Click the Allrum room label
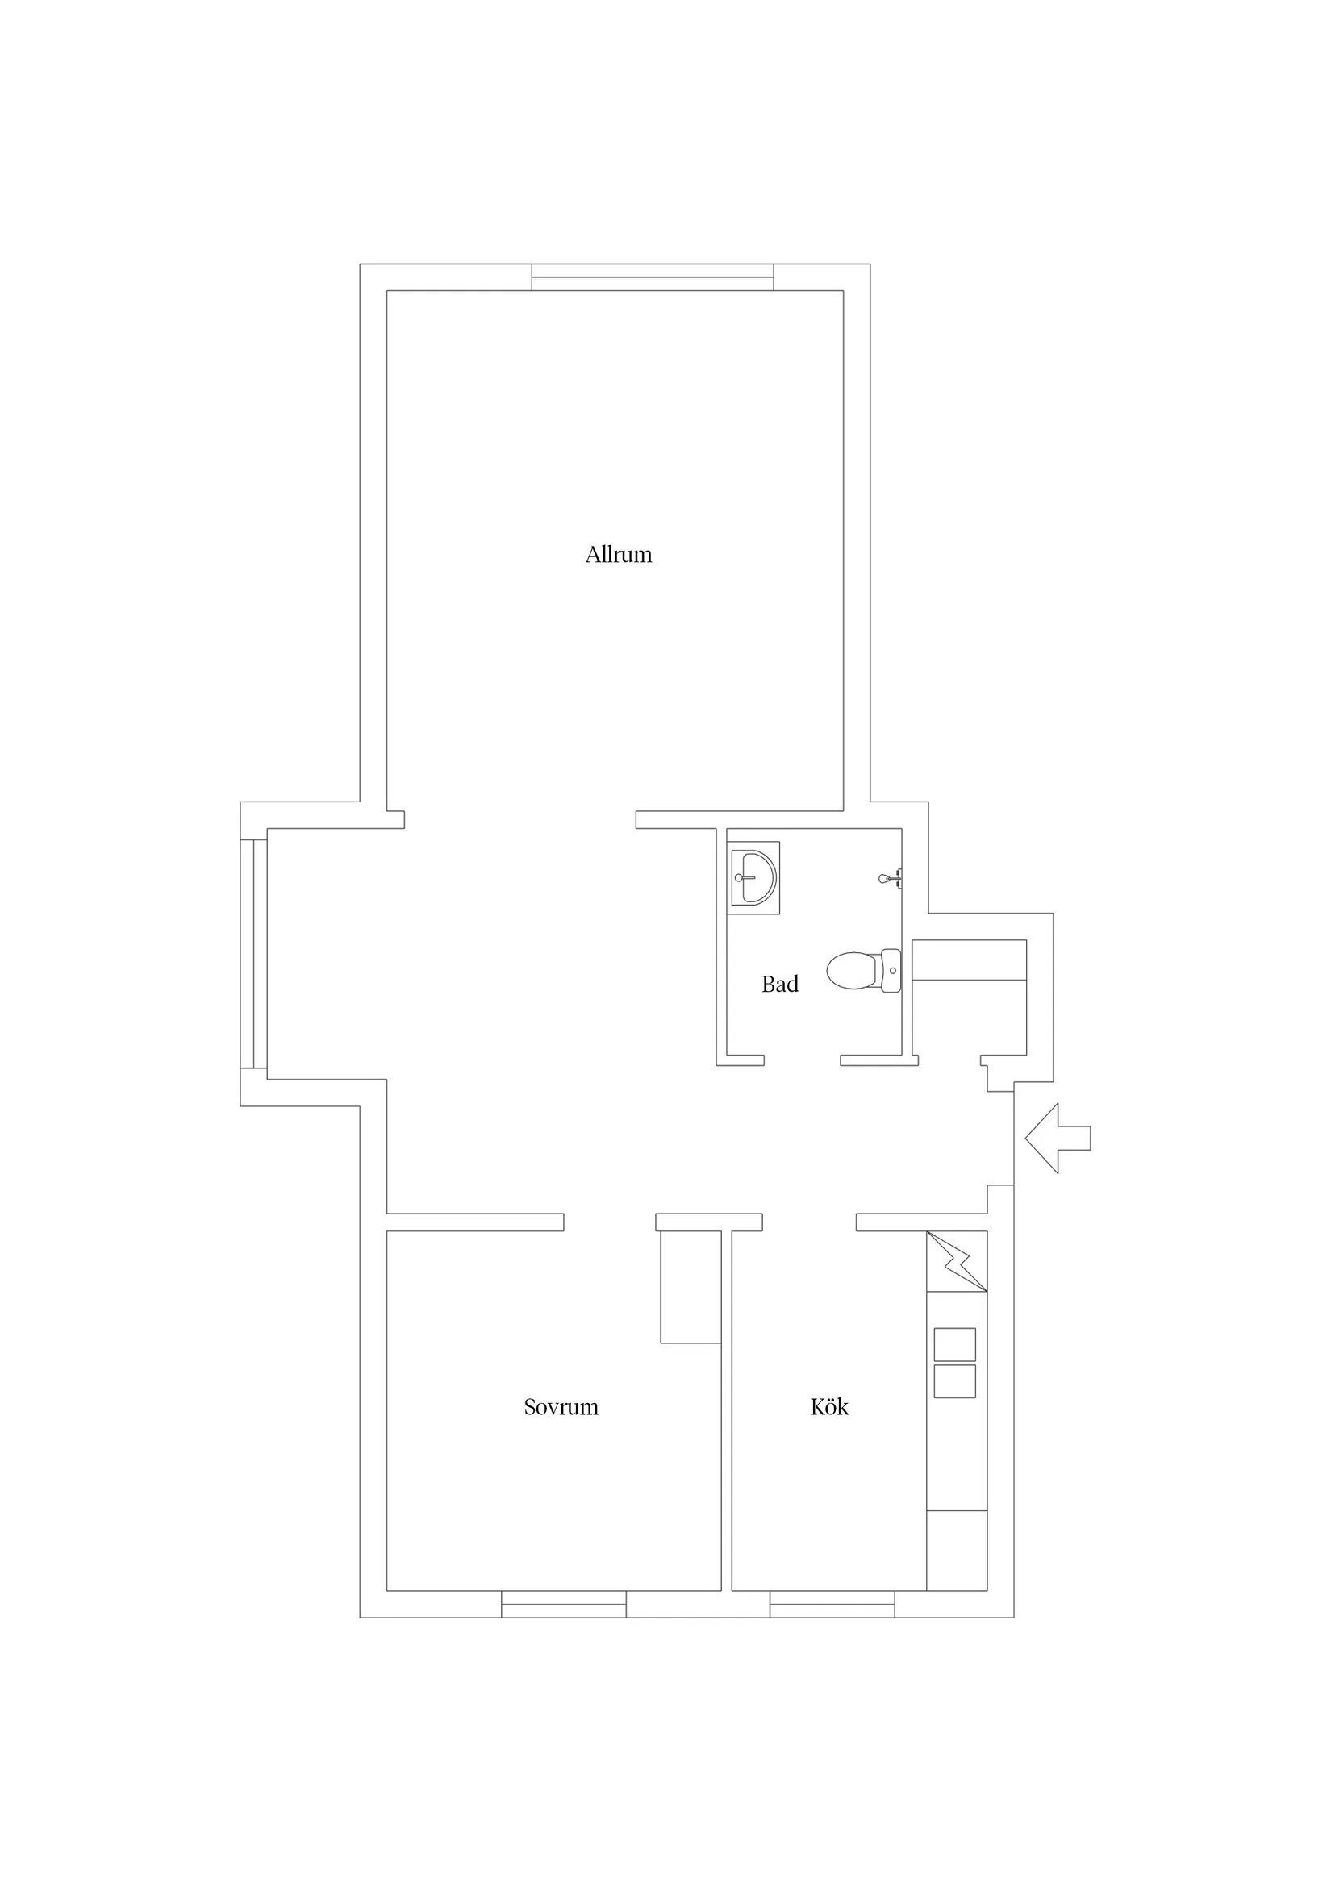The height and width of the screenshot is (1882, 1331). point(619,555)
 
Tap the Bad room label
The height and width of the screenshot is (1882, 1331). point(780,984)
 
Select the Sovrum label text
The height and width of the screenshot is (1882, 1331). point(561,1407)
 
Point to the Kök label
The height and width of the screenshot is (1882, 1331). point(829,1406)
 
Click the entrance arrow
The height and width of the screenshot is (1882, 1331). point(1057,1138)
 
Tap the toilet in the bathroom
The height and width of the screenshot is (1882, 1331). point(864,971)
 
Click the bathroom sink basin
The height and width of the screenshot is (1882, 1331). point(753,878)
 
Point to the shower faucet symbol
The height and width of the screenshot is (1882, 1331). point(891,878)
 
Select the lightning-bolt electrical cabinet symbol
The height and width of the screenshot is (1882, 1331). point(956,1261)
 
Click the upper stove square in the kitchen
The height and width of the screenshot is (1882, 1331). point(954,1344)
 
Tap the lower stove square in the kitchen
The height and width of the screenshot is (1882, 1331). point(954,1381)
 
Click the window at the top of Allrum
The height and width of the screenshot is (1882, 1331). point(653,277)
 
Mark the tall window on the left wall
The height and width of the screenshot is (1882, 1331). point(253,954)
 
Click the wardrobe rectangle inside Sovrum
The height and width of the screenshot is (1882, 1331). point(691,1287)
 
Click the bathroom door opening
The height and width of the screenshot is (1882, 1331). point(802,1060)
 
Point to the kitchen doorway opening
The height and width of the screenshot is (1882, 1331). point(809,1222)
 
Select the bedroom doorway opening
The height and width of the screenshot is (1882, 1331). point(609,1222)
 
